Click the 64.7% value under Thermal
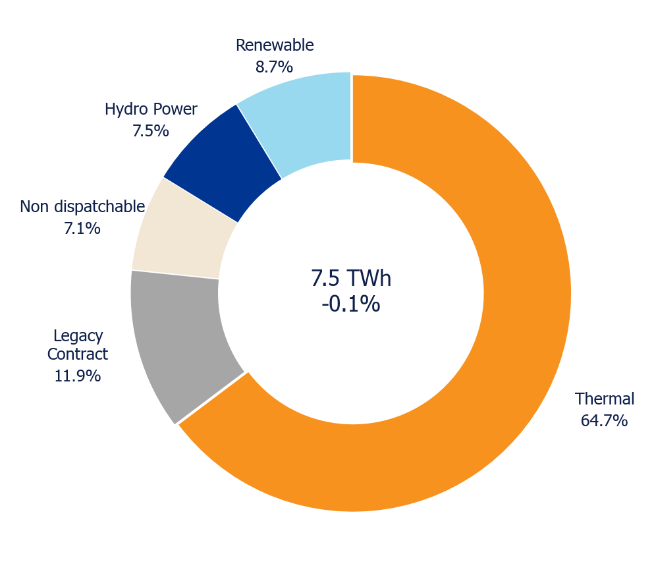tap(604, 420)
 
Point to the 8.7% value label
tap(274, 67)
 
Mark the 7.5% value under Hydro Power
tap(151, 131)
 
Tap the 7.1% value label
tap(82, 229)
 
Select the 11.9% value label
tap(78, 376)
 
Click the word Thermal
tap(605, 399)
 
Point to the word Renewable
tap(275, 45)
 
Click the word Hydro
tap(126, 110)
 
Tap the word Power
tap(175, 109)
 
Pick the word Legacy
tap(78, 337)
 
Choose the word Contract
tap(78, 354)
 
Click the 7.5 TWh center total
tap(351, 278)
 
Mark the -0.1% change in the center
tap(351, 304)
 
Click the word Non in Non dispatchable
tap(35, 207)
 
